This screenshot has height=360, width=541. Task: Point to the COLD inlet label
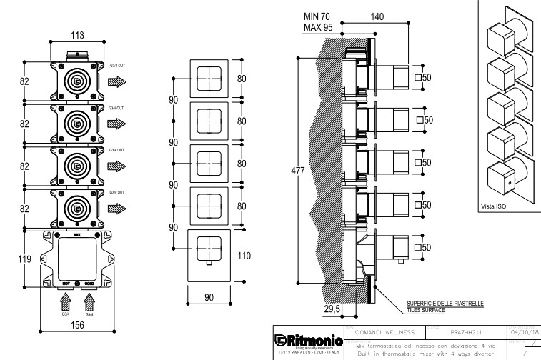click(x=89, y=283)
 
